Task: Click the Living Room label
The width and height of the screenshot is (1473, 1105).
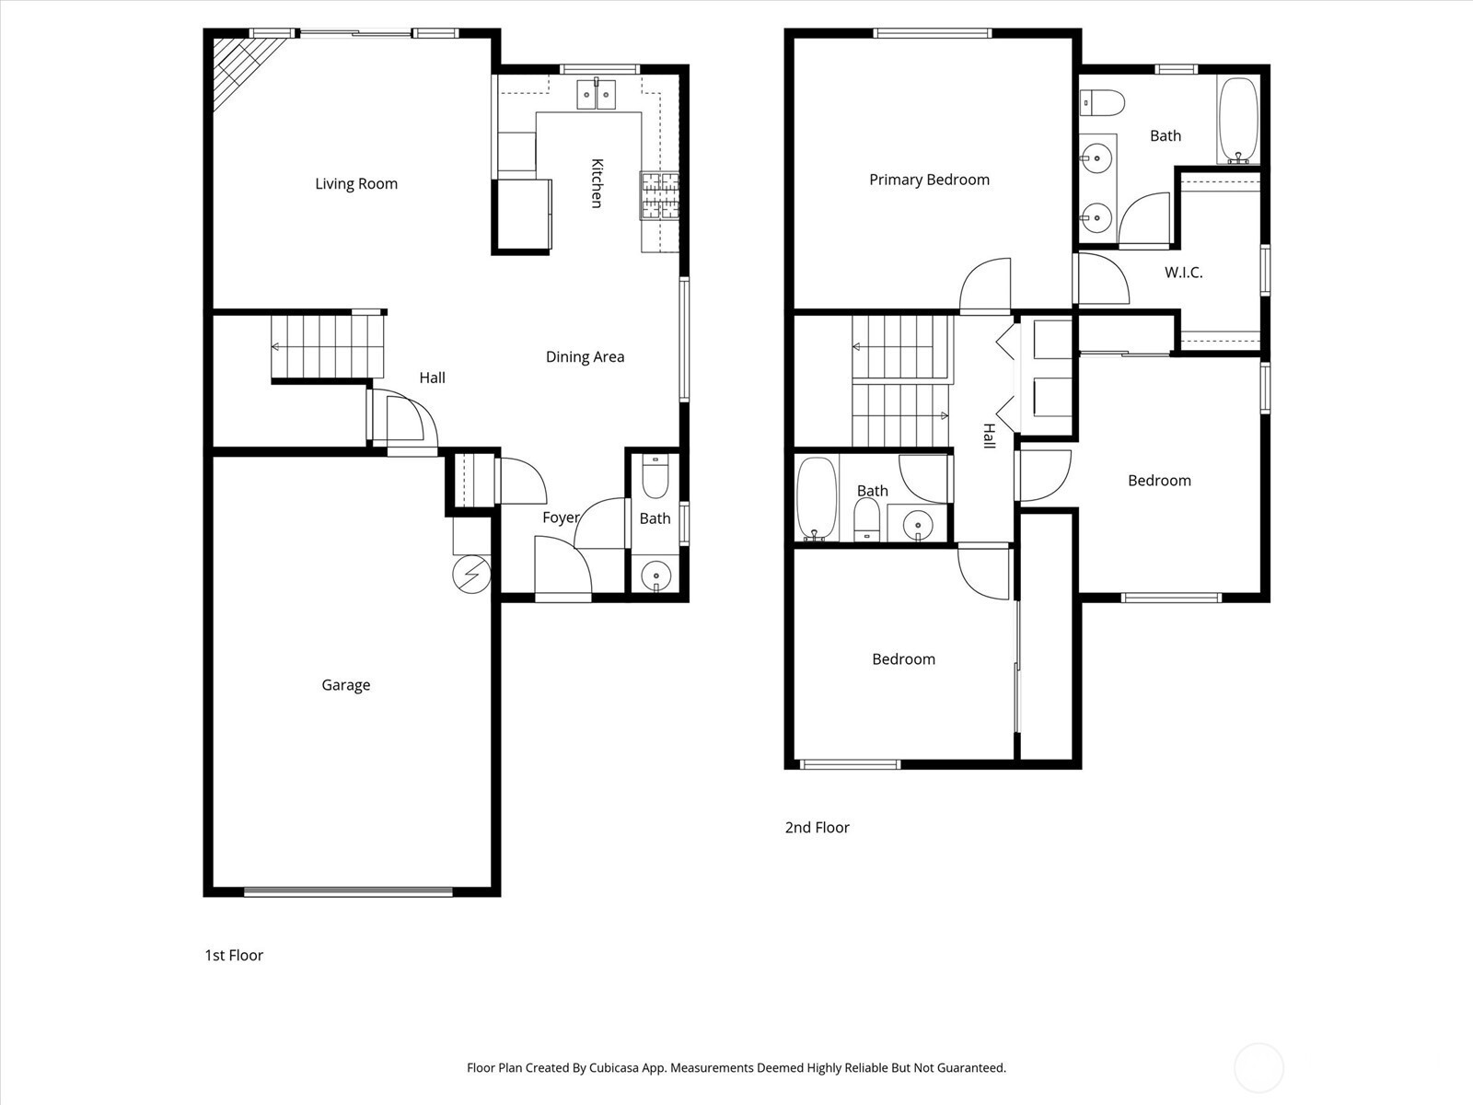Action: [x=356, y=184]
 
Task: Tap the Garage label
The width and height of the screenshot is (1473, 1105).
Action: [x=345, y=685]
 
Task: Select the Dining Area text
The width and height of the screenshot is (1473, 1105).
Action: [x=586, y=357]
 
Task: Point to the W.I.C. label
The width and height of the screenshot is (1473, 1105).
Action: [x=1184, y=273]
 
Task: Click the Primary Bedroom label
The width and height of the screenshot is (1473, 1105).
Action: [x=930, y=180]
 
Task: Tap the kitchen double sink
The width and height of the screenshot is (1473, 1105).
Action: [x=597, y=93]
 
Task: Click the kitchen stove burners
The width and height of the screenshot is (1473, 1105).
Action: [x=660, y=196]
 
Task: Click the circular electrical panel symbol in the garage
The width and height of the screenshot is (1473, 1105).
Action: [x=471, y=575]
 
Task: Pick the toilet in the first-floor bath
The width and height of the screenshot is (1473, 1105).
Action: [x=655, y=476]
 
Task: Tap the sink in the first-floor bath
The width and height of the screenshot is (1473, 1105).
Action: [x=655, y=576]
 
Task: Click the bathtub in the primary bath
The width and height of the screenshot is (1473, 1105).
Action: [x=1238, y=121]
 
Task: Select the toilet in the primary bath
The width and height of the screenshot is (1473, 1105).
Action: [x=1102, y=103]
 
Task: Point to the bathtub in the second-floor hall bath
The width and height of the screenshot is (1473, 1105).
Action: [x=817, y=498]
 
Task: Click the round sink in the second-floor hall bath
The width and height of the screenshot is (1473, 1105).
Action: [x=917, y=524]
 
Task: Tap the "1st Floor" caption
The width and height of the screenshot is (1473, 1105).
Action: [x=234, y=956]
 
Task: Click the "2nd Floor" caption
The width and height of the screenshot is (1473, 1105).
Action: [x=817, y=827]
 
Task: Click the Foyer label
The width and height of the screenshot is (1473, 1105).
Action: [x=561, y=518]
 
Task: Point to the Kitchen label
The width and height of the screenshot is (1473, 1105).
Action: [x=597, y=183]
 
